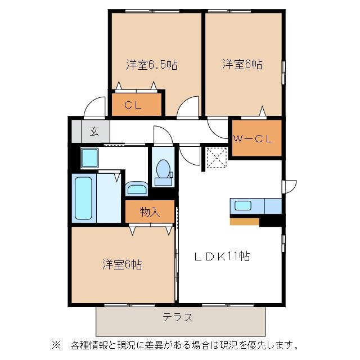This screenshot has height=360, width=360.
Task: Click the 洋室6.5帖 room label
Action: point(151,65)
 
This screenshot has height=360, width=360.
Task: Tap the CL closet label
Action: point(133,105)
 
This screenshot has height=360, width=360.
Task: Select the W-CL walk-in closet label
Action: point(253,139)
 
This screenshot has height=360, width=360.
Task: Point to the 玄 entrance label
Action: point(94,132)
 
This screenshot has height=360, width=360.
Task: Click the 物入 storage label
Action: point(150,211)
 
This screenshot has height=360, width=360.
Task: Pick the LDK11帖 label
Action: point(222,256)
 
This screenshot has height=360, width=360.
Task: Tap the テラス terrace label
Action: point(178,317)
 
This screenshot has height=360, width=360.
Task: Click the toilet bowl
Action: point(163,169)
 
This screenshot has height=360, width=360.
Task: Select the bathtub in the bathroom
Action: point(84,198)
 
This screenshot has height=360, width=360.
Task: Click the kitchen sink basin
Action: point(242,205)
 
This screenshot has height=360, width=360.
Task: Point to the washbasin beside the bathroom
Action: point(137,189)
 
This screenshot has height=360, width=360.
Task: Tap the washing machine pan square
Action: point(89,158)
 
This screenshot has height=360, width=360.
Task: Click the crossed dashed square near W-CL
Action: point(217,157)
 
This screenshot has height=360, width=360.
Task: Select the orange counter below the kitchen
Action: point(245,222)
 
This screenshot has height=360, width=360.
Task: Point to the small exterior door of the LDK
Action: point(290,186)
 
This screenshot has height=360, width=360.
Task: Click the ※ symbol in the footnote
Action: point(56,345)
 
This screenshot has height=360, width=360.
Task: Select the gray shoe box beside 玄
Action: point(76,132)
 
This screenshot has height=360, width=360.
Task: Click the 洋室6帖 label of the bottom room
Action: point(122,264)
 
